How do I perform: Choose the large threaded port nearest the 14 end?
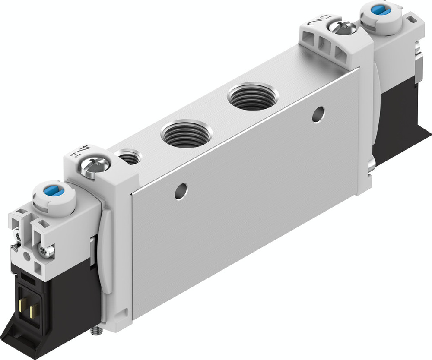coord(186,133)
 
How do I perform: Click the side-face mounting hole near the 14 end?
coord(181,191)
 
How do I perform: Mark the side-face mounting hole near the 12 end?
coord(318,114)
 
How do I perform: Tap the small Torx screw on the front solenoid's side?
coord(47,250)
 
